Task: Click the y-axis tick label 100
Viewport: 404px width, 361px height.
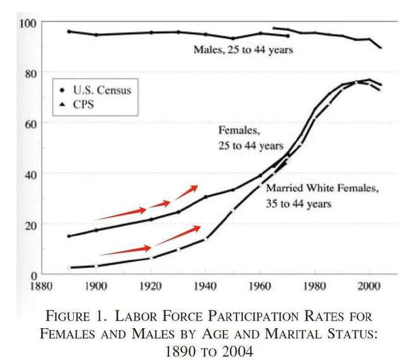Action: (x=28, y=23)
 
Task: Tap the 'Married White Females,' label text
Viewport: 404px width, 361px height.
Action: (x=322, y=188)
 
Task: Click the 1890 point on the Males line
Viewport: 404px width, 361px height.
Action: (x=69, y=32)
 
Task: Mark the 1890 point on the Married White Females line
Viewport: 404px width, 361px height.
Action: (x=69, y=268)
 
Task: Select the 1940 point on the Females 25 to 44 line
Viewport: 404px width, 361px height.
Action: (x=205, y=197)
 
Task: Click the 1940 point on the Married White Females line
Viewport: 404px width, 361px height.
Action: (x=205, y=239)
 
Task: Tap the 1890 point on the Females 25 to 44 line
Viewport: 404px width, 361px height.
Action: (x=69, y=236)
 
